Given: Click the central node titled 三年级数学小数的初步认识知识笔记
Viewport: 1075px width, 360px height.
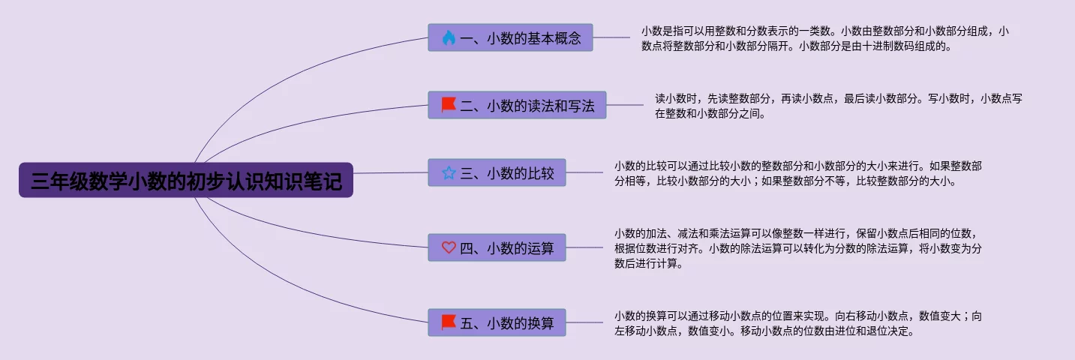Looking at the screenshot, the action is point(186,180).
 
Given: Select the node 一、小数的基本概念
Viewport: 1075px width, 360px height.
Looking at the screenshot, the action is point(510,37).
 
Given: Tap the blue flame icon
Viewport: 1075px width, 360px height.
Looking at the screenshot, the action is point(449,37).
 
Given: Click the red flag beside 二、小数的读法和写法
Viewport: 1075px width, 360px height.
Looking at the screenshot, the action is point(449,105).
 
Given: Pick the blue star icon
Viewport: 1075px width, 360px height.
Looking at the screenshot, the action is point(449,172).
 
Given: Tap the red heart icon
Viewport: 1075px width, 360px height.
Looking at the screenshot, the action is point(449,247).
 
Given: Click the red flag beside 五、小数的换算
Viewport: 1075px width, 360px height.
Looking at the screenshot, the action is point(449,322).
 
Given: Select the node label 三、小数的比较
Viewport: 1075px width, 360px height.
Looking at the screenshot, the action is point(507,172).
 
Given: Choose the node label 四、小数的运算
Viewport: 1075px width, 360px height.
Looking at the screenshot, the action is point(507,247).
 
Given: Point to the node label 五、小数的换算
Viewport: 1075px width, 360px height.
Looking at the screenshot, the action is point(507,322).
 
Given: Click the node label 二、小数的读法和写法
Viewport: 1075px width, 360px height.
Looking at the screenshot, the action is point(527,105).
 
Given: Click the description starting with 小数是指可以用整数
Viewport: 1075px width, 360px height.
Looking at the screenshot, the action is point(825,38).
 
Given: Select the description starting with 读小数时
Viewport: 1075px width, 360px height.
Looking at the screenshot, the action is point(839,106).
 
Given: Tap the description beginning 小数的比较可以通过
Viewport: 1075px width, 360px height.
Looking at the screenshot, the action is point(798,173).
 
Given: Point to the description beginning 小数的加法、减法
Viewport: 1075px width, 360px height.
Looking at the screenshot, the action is point(798,248).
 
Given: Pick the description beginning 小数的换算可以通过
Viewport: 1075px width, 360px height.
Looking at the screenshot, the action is point(798,323).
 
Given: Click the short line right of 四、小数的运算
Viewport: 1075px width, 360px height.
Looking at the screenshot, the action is point(584,247).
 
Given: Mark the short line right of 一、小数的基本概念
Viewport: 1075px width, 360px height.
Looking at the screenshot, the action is point(611,37).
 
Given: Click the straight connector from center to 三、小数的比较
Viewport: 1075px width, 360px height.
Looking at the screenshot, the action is point(391,172).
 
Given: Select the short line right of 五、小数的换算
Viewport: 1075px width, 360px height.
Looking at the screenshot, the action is point(584,322).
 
